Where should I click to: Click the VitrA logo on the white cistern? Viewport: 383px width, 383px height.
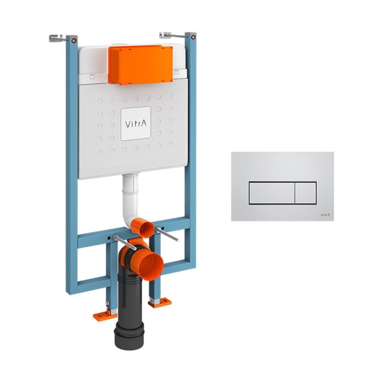click(x=136, y=123)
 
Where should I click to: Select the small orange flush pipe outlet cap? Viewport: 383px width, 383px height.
click(x=144, y=227)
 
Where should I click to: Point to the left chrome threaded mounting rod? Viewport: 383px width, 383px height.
click(x=125, y=242)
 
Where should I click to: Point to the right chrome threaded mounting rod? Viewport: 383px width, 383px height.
click(x=168, y=234)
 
